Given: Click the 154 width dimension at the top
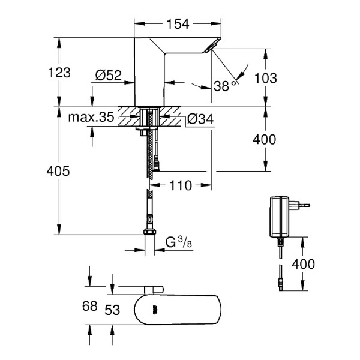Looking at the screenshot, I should coord(178,24).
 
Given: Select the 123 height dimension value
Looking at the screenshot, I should coord(59,73).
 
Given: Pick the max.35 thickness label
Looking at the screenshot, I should coord(91,118).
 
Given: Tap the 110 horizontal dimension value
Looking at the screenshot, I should coord(179,186).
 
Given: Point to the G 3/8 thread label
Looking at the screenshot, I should coord(179,243).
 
